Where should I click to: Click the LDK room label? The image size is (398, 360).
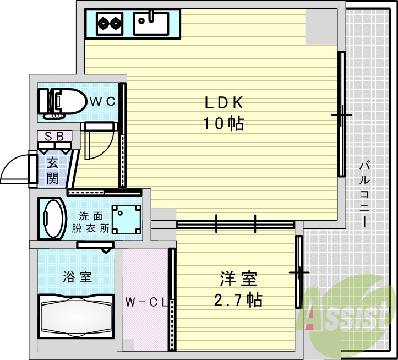pyautogui.click(x=224, y=103)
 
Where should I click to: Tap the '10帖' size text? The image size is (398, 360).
pyautogui.click(x=224, y=124)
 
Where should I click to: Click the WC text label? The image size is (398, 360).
pyautogui.click(x=102, y=101)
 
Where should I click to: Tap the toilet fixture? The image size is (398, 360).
pyautogui.click(x=61, y=102)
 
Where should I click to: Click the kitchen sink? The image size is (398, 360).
pyautogui.click(x=151, y=23)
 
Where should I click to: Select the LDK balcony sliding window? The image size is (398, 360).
pyautogui.click(x=342, y=114)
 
